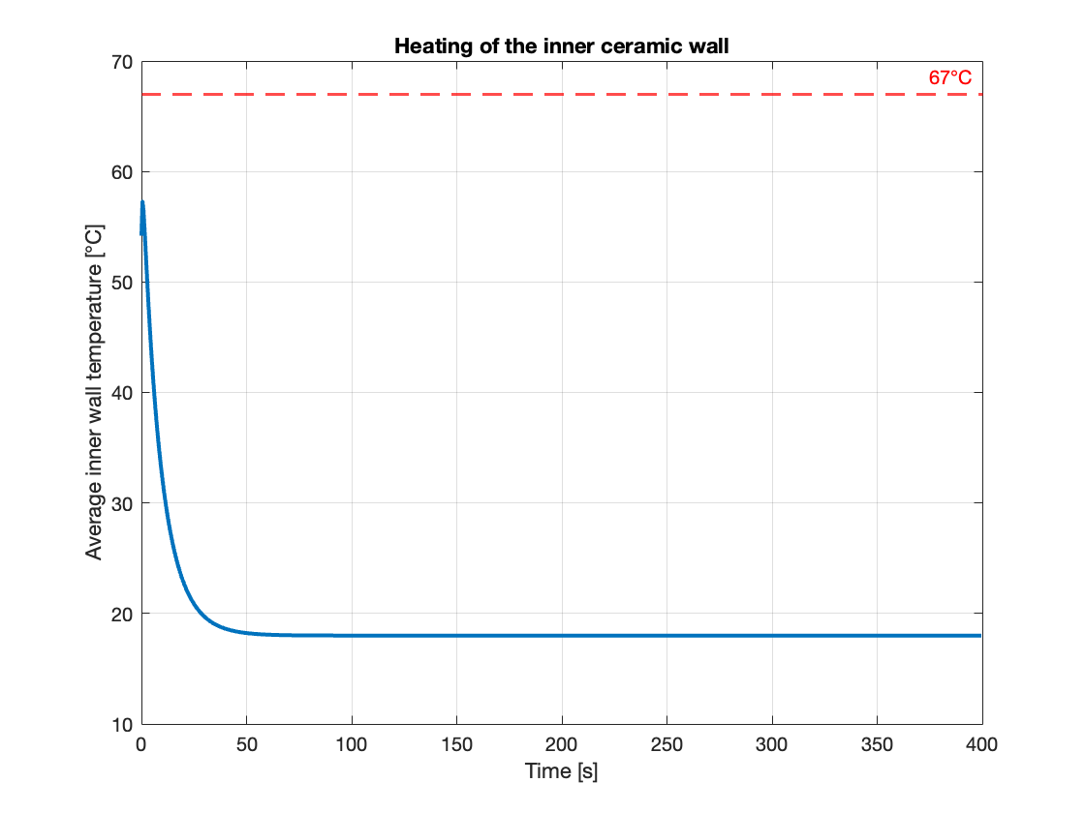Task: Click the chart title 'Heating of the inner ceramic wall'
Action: (x=561, y=45)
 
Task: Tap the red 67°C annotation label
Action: (x=949, y=77)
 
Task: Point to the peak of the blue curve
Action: (x=142, y=201)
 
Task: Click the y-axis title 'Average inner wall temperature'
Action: (x=94, y=392)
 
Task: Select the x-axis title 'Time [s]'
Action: (x=561, y=771)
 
